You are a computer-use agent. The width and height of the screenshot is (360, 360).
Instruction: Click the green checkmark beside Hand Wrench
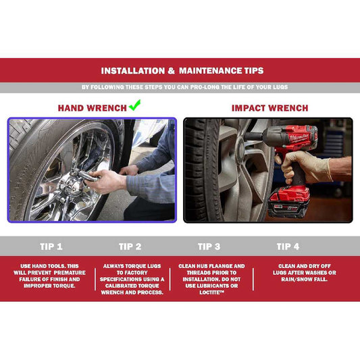tap(135, 105)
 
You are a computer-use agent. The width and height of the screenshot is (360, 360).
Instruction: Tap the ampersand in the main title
tap(172, 71)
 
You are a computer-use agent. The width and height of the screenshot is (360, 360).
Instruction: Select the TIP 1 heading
tap(51, 247)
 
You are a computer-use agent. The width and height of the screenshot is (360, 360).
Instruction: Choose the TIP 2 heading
tap(130, 247)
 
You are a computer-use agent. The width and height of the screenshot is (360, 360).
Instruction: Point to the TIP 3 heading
tap(209, 247)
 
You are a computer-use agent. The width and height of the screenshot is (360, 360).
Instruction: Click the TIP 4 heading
tap(288, 247)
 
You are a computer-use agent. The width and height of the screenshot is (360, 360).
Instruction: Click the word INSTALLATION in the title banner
tap(133, 71)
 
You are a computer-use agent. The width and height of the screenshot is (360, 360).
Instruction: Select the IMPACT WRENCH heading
tap(269, 108)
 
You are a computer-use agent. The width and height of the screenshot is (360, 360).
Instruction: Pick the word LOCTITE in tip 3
tap(211, 292)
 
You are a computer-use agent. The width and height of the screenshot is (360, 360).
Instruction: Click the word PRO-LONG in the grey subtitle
tap(205, 87)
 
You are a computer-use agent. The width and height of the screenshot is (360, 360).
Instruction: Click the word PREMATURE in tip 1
tap(70, 272)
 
